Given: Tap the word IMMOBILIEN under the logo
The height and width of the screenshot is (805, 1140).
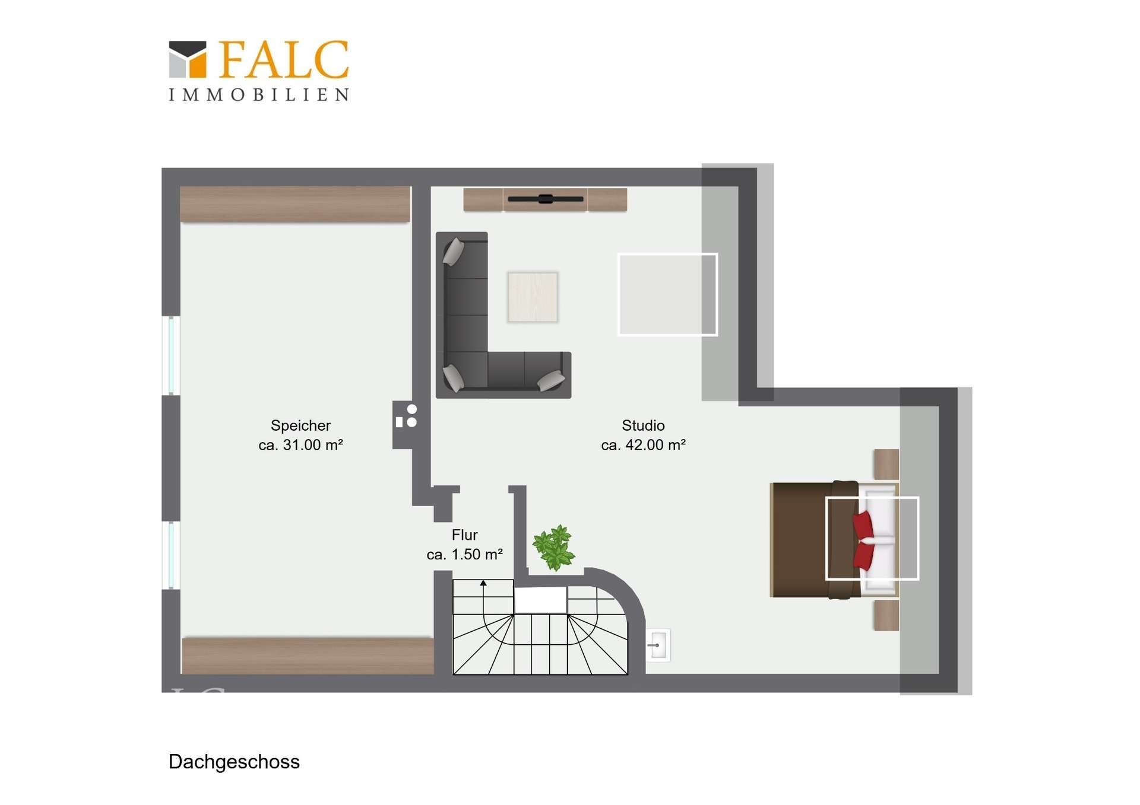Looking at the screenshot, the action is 259,95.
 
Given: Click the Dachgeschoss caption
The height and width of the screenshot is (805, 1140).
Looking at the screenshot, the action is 234,762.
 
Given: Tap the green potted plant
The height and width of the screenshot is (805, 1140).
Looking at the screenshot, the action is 553,547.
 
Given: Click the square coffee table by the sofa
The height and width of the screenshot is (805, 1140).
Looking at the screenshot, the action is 533,297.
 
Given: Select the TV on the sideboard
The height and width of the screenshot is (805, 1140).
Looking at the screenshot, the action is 546,199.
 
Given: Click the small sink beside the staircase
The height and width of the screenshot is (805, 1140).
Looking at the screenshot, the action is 658,645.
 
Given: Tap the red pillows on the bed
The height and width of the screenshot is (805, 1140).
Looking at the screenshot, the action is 863,540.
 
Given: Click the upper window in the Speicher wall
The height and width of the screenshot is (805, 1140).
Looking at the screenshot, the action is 171,355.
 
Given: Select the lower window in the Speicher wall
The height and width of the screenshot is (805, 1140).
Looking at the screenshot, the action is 171,555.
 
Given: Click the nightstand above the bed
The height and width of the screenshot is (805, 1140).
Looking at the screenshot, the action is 886,464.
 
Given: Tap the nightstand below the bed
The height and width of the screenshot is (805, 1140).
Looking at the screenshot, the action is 886,615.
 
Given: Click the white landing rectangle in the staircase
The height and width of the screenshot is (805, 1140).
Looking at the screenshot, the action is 540,600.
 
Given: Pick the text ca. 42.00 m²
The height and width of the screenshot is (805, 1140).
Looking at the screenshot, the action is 643,445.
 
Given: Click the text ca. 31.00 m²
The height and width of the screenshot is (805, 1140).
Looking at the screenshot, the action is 300,445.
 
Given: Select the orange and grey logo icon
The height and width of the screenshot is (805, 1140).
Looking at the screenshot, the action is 188,59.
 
